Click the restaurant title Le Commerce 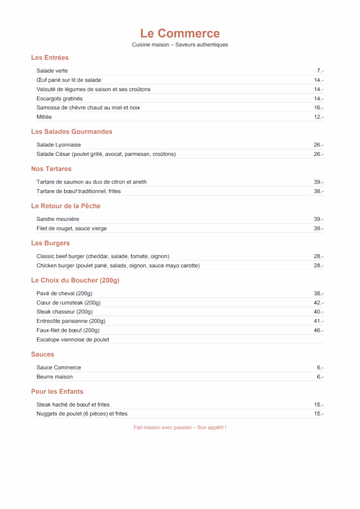pyautogui.click(x=180, y=33)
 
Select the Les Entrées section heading pyautogui.click(x=50, y=57)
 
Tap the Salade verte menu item pyautogui.click(x=52, y=71)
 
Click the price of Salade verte pyautogui.click(x=319, y=71)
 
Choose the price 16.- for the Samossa pyautogui.click(x=318, y=107)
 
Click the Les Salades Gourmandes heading pyautogui.click(x=71, y=132)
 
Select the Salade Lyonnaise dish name pyautogui.click(x=58, y=145)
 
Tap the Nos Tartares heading pyautogui.click(x=51, y=169)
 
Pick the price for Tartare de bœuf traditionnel pyautogui.click(x=318, y=191)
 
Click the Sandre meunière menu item pyautogui.click(x=58, y=219)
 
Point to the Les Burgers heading pyautogui.click(x=51, y=243)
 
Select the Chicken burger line pyautogui.click(x=118, y=265)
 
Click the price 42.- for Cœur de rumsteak pyautogui.click(x=318, y=303)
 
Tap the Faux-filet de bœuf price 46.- pyautogui.click(x=318, y=330)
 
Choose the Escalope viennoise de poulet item pyautogui.click(x=73, y=340)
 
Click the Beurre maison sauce pyautogui.click(x=55, y=377)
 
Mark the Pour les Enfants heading pyautogui.click(x=57, y=391)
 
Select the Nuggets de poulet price pyautogui.click(x=318, y=414)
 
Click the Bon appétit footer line pyautogui.click(x=180, y=427)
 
